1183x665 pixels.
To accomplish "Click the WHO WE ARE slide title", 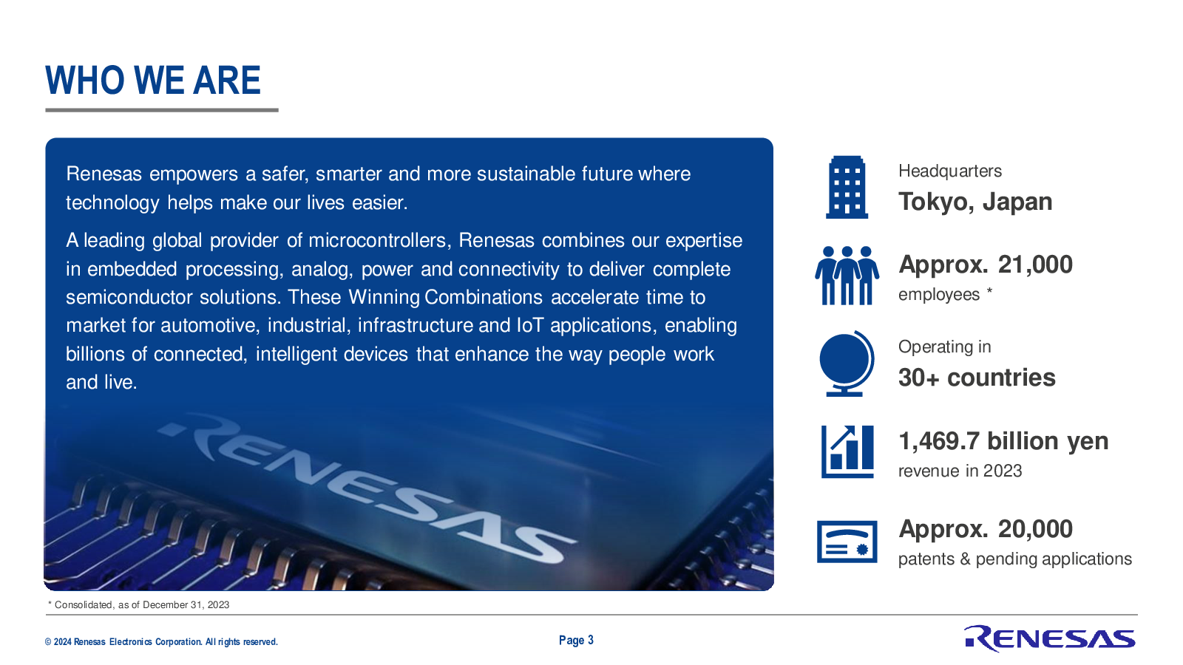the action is pyautogui.click(x=153, y=81).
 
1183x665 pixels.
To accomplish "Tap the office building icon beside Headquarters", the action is pyautogui.click(x=847, y=188).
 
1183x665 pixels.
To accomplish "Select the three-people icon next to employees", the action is pyautogui.click(x=847, y=276).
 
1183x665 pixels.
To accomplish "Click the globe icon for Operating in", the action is pyautogui.click(x=846, y=364).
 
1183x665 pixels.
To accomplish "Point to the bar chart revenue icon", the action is pyautogui.click(x=847, y=451).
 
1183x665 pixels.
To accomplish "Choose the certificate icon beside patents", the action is pyautogui.click(x=847, y=542).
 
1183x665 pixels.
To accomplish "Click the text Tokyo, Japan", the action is pyautogui.click(x=975, y=202).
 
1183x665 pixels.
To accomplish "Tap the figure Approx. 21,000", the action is pyautogui.click(x=986, y=265).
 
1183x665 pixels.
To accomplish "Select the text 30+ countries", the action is pyautogui.click(x=977, y=378).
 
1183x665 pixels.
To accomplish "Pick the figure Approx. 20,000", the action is pyautogui.click(x=986, y=529).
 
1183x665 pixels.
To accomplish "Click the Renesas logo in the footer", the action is pyautogui.click(x=1049, y=638).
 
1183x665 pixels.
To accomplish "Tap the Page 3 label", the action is pyautogui.click(x=576, y=641).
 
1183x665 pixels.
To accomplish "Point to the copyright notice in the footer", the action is pyautogui.click(x=161, y=642).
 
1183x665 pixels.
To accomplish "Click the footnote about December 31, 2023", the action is pyautogui.click(x=138, y=605).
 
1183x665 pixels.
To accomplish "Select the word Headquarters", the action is pyautogui.click(x=949, y=171).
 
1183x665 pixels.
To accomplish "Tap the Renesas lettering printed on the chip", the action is pyautogui.click(x=365, y=485).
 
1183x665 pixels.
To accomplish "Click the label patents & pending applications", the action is pyautogui.click(x=1014, y=559).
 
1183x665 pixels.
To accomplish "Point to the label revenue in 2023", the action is pyautogui.click(x=960, y=471).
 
